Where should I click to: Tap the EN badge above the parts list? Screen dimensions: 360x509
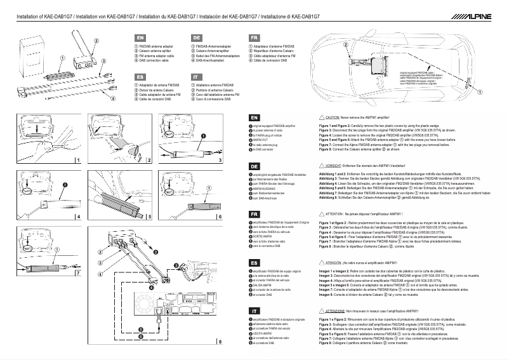[140, 39]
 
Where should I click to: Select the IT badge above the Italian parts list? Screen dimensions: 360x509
[196, 76]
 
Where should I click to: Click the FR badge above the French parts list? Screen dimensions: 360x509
[253, 39]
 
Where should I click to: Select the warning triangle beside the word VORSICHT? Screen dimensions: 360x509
[321, 164]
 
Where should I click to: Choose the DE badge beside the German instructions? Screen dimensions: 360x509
[254, 166]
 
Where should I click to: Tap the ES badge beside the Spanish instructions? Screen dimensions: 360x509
[254, 262]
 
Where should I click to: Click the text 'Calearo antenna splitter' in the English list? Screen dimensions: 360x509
[155, 52]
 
